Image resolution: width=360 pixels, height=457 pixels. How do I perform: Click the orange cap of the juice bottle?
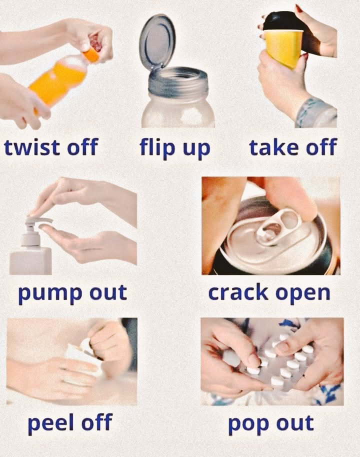(91, 54)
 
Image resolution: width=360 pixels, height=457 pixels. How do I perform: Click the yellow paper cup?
(283, 48)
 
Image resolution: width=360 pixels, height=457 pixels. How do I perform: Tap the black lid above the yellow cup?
(280, 21)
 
